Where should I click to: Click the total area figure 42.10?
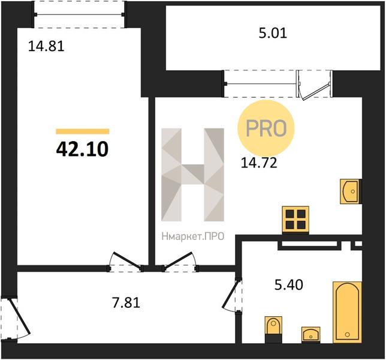pos(82,149)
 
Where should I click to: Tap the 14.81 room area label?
pos(46,46)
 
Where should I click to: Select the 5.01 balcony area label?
pos(273,33)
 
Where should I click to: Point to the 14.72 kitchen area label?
pos(259,163)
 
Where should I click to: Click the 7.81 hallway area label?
pos(126,302)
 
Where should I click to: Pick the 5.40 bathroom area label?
pos(288,285)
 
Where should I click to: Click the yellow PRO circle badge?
pos(266,128)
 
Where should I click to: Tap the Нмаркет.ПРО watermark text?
pos(193,236)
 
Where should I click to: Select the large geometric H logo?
pos(192,175)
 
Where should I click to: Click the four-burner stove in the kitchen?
pos(295,220)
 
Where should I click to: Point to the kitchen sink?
pos(351,191)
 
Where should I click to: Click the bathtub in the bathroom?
pos(347,312)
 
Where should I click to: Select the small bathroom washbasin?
pos(311,335)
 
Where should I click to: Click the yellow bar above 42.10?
pos(83,131)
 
